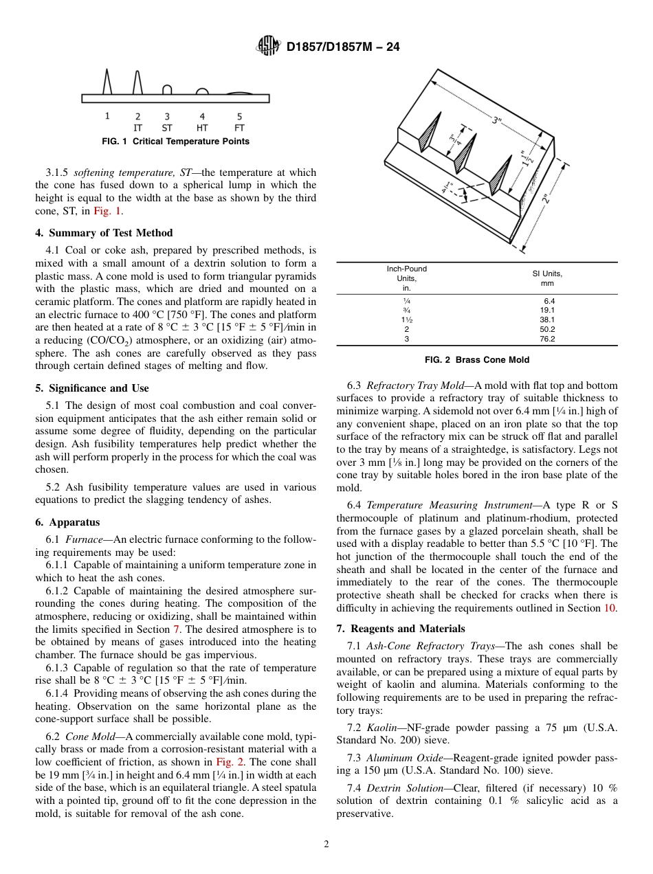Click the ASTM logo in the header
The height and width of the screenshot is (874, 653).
267,46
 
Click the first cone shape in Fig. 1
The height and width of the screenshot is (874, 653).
107,82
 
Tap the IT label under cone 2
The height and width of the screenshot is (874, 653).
137,128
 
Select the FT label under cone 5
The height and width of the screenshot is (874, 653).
239,128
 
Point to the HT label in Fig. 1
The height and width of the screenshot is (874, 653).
202,128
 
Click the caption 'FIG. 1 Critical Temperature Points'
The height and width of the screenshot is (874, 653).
175,142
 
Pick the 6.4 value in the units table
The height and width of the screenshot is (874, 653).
549,301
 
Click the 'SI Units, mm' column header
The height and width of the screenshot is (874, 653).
546,278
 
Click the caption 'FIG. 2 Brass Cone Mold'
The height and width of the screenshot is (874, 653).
477,360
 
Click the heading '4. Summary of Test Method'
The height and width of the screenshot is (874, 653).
104,233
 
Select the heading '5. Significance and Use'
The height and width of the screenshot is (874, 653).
91,388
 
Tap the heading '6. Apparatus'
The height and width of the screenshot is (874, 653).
67,522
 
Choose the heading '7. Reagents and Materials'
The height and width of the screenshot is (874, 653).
401,629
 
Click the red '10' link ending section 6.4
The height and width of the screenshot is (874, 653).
612,608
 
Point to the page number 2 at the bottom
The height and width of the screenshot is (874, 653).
326,844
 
